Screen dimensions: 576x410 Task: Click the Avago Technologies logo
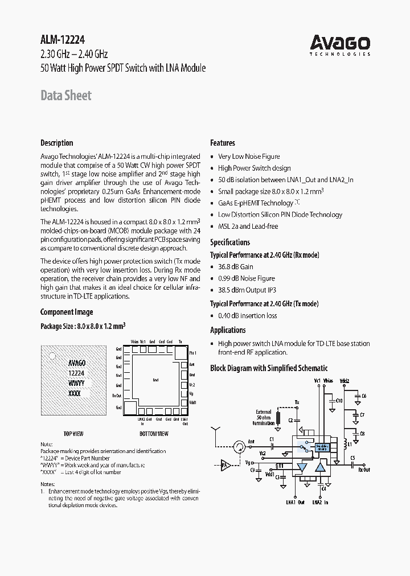(340, 44)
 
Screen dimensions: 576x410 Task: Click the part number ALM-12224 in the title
(63, 41)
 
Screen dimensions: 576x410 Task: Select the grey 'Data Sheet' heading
(65, 96)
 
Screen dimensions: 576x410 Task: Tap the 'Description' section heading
(56, 143)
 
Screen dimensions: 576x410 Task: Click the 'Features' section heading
(222, 143)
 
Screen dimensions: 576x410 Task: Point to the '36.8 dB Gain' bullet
(235, 266)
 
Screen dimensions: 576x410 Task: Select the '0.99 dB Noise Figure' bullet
(246, 278)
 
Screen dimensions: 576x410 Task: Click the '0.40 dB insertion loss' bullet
(247, 315)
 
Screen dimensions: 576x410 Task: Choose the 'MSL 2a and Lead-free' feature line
(248, 226)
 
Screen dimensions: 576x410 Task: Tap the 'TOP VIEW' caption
(74, 434)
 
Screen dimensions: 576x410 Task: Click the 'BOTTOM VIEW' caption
(154, 434)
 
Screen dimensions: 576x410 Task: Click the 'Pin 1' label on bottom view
(192, 353)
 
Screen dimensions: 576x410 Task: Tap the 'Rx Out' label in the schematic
(363, 470)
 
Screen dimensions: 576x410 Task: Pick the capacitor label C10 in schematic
(339, 401)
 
